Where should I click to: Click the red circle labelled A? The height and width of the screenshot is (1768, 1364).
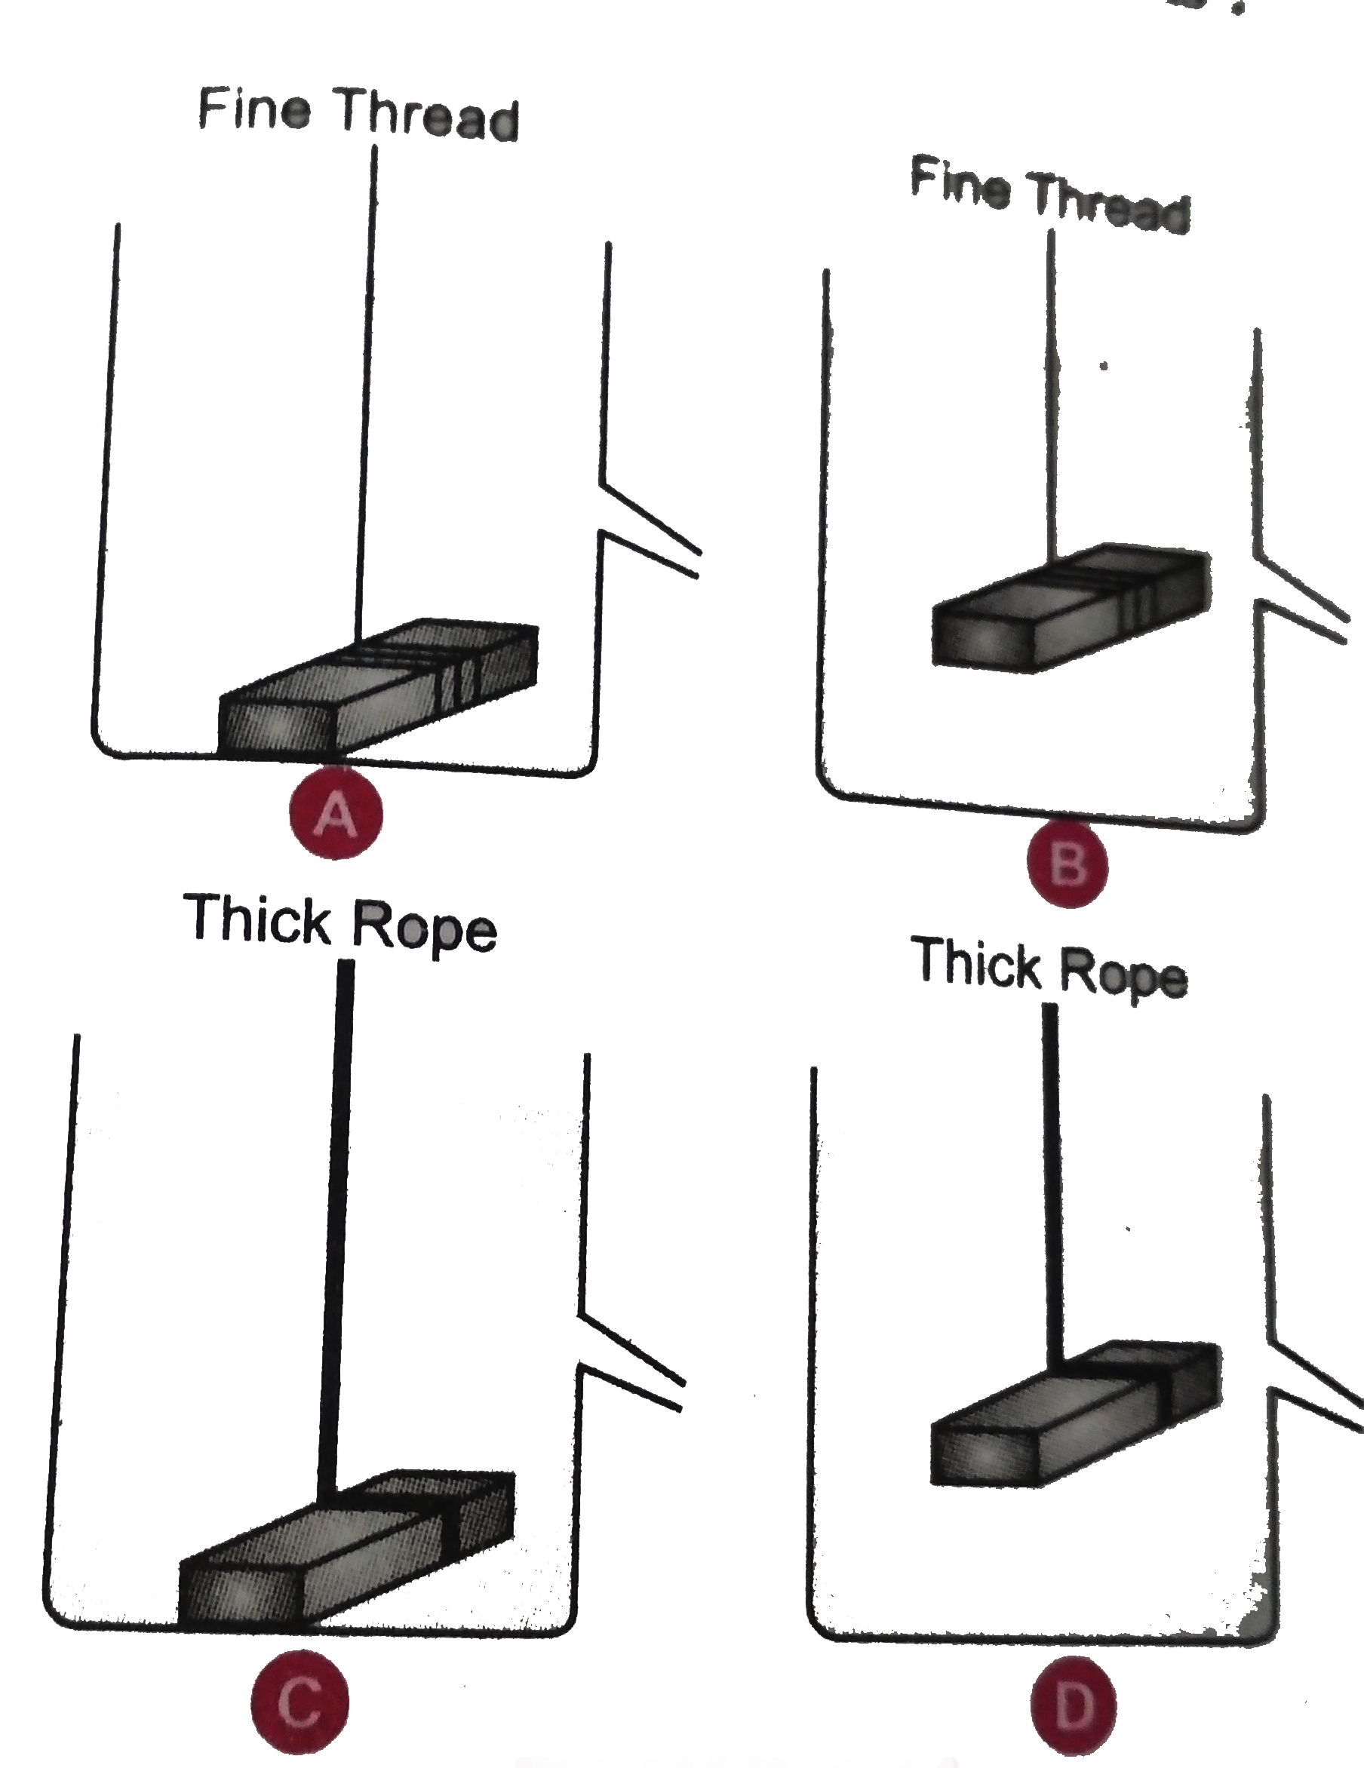point(336,814)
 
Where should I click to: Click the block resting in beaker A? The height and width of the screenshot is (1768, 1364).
point(379,689)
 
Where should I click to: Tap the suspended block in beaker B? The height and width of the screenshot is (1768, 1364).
point(1072,608)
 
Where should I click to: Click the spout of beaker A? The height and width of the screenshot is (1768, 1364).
point(650,531)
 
